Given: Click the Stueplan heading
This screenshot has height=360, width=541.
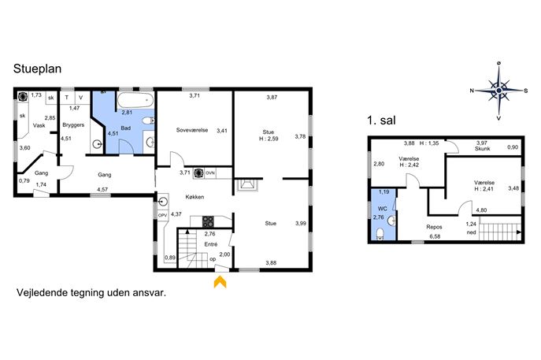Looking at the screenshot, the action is click(x=37, y=69).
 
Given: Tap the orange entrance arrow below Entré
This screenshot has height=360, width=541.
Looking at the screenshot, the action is click(x=220, y=281).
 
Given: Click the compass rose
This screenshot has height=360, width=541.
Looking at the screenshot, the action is click(x=499, y=91).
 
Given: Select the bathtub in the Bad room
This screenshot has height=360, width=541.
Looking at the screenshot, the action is click(x=135, y=101).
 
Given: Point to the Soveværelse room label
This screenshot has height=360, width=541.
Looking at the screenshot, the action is click(x=192, y=130).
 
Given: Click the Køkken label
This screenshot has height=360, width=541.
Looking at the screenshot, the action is click(x=195, y=197).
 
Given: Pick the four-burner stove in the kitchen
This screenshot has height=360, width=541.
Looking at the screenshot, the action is click(x=208, y=221).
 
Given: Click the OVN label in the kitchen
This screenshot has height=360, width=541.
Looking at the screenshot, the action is click(x=210, y=173).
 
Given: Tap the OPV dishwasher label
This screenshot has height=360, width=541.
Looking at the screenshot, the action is click(x=162, y=215).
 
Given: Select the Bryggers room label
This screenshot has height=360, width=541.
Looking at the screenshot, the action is click(x=73, y=125).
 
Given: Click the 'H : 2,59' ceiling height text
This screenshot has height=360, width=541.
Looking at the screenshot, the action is click(x=269, y=139).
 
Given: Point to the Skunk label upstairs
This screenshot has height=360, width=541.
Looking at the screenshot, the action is click(x=483, y=149).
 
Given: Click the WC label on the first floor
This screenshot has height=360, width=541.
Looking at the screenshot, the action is click(x=382, y=209).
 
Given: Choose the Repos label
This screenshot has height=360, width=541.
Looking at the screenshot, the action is click(x=434, y=227).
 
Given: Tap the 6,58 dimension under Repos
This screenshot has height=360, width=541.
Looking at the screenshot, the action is click(x=435, y=236).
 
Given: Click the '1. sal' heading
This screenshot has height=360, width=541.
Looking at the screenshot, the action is click(x=381, y=121).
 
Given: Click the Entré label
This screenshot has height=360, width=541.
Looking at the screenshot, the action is click(x=211, y=244).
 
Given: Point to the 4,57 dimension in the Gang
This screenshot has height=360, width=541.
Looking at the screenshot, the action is click(x=102, y=190).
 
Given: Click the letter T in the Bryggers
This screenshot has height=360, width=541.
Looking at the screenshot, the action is click(x=67, y=98).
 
